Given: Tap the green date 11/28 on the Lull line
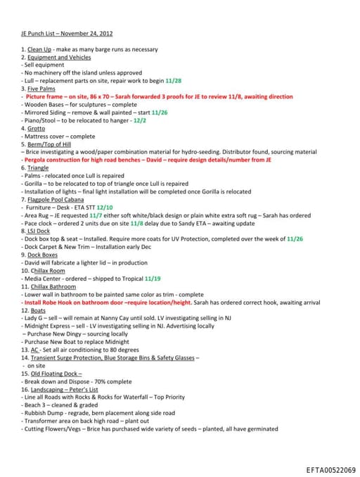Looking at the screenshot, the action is coord(174,81).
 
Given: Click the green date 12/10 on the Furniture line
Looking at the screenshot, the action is coord(105,207).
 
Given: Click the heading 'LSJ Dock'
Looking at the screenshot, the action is coord(39,231).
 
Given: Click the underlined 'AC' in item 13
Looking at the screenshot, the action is coord(34,350).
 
